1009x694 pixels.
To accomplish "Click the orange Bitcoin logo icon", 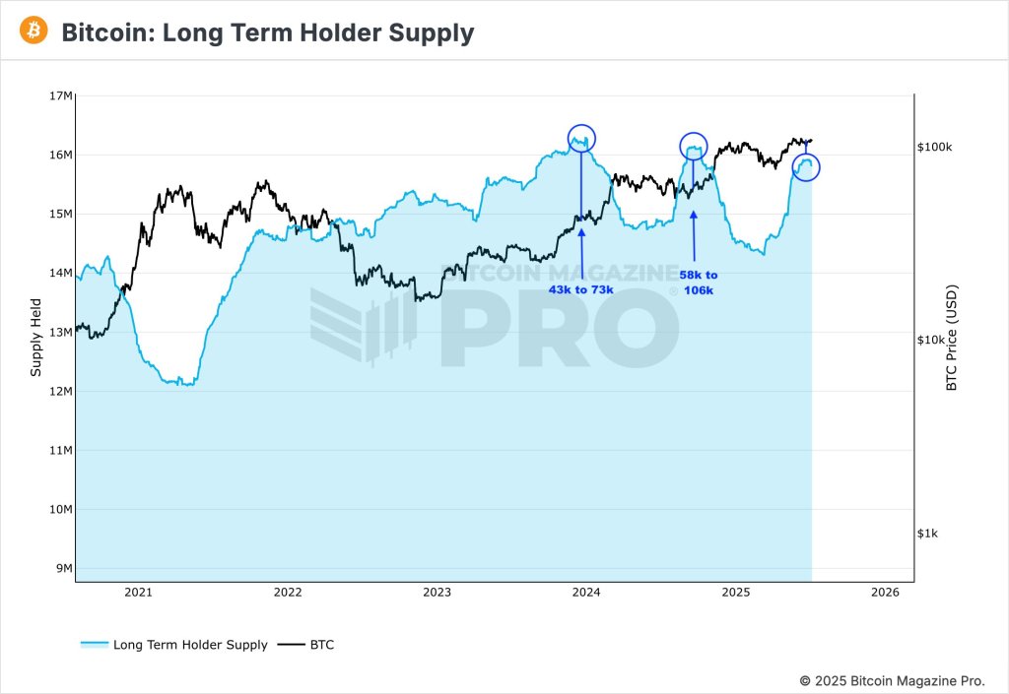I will click(x=34, y=32).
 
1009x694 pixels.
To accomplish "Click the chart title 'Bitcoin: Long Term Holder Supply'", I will click(x=267, y=32).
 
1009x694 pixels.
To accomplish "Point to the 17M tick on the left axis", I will click(x=60, y=95).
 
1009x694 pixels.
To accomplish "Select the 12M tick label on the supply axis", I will click(x=60, y=391).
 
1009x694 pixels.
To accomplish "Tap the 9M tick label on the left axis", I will click(x=63, y=568).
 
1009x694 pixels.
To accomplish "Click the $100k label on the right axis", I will click(x=934, y=147).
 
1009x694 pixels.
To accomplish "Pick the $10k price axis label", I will click(x=934, y=341).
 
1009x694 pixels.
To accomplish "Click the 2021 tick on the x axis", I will click(x=138, y=593).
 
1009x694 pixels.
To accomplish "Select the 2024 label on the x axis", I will click(x=586, y=593).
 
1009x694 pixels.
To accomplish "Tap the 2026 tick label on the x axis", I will click(x=885, y=593).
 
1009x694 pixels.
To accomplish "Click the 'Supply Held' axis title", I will click(x=35, y=337).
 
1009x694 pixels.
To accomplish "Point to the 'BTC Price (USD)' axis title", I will click(x=952, y=339).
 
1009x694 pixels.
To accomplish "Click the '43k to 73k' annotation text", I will click(x=581, y=289).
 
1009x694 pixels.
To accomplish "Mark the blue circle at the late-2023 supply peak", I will click(x=582, y=139).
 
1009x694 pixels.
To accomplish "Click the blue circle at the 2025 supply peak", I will click(x=806, y=166).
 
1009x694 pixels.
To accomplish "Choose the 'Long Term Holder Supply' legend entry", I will click(x=174, y=645).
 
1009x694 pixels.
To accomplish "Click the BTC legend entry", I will click(x=306, y=645).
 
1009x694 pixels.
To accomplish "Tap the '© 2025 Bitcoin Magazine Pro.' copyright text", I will click(x=891, y=679).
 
